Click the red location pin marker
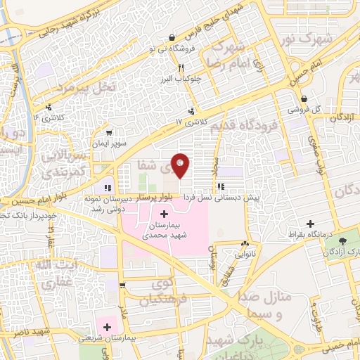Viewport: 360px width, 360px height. tap(181, 165)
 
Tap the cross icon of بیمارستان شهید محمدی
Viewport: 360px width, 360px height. tap(164, 214)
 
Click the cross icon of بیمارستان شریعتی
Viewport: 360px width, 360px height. tap(107, 327)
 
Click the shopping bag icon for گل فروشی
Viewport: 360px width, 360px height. tap(304, 99)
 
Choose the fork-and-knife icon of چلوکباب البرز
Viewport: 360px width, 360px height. tap(181, 68)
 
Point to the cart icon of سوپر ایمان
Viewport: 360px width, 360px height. tap(108, 131)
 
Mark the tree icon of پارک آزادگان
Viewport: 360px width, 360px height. tap(340, 250)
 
